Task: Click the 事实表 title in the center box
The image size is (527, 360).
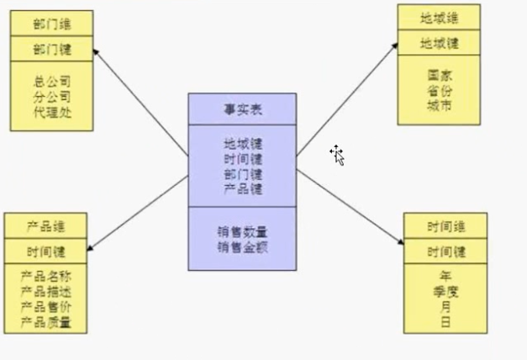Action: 242,109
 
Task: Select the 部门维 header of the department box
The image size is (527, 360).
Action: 52,23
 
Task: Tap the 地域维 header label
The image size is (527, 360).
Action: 440,17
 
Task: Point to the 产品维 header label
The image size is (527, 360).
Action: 45,226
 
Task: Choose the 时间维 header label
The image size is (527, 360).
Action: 445,225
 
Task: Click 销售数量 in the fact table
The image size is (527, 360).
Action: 242,232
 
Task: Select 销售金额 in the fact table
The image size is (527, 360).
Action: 242,246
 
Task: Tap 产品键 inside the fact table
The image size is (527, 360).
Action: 242,189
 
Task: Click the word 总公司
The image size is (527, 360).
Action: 52,82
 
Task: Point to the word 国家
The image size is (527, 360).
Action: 440,76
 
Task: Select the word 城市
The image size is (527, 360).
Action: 440,106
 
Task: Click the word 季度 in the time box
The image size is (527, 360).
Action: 445,291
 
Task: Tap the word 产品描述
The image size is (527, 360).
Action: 45,292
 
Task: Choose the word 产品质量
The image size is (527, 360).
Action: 45,322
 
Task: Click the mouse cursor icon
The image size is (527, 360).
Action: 337,156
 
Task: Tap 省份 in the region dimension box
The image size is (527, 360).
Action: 440,91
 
